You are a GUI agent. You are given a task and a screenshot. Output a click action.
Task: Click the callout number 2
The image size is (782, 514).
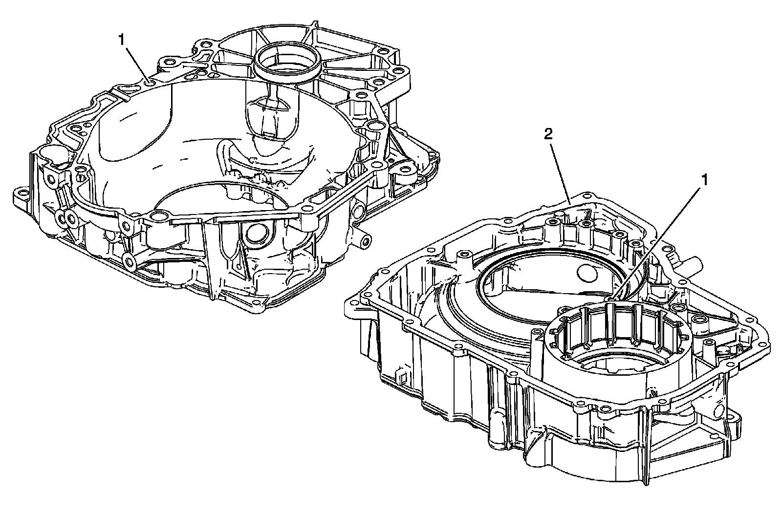[x=549, y=135]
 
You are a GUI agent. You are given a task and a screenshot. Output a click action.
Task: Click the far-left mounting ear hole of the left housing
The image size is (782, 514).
[x=20, y=195]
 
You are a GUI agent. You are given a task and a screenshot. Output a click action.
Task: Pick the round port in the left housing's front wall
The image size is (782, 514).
[x=256, y=234]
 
